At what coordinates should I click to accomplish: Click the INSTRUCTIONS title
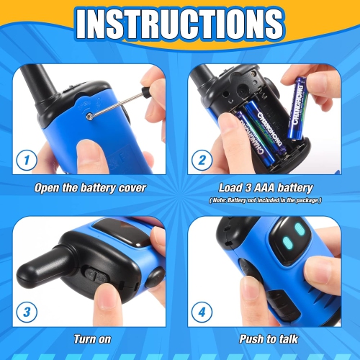pyautogui.click(x=180, y=24)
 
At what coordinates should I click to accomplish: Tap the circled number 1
pyautogui.click(x=26, y=159)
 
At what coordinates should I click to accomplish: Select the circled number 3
pyautogui.click(x=26, y=312)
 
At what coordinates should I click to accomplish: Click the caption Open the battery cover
pyautogui.click(x=91, y=188)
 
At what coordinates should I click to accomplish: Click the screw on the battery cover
pyautogui.click(x=88, y=114)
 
